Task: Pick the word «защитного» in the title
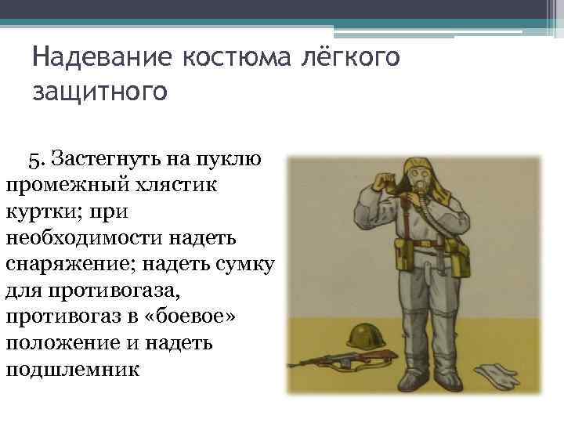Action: [x=99, y=91]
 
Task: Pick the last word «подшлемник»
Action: [x=72, y=366]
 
